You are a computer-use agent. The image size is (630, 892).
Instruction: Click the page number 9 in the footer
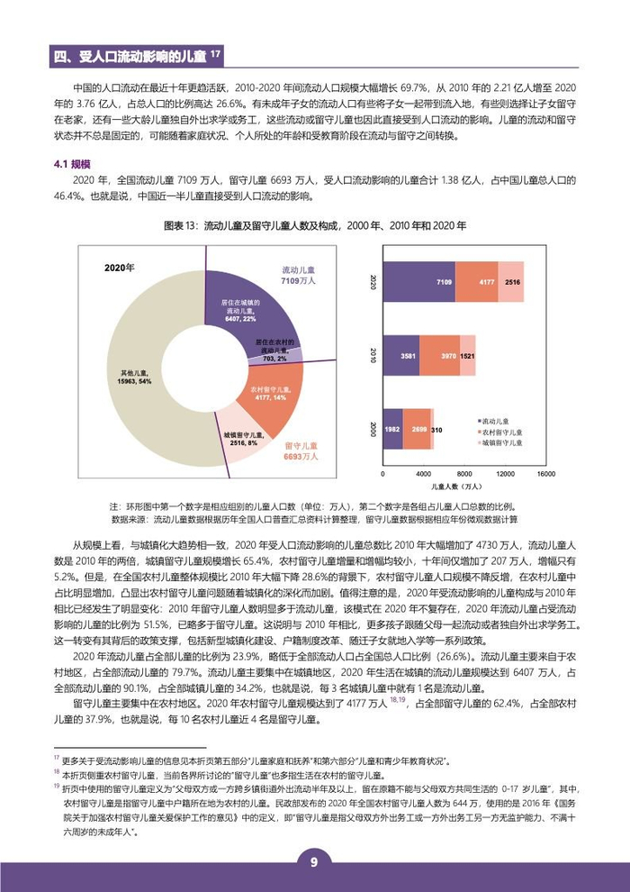tap(314, 862)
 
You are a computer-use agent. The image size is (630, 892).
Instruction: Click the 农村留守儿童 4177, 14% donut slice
tap(267, 393)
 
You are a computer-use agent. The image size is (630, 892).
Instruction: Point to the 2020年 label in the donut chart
tap(119, 269)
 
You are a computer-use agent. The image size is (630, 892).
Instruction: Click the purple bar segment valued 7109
tap(419, 283)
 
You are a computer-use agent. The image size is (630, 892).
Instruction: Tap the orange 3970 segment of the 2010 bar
tap(438, 356)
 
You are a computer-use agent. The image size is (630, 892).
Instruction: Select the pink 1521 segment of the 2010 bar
tap(468, 356)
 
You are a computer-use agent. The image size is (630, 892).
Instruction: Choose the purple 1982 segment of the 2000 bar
tap(393, 430)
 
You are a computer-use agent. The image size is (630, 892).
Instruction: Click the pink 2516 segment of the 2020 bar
tap(512, 283)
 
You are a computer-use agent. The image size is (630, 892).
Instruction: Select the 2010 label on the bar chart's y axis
tap(371, 355)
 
